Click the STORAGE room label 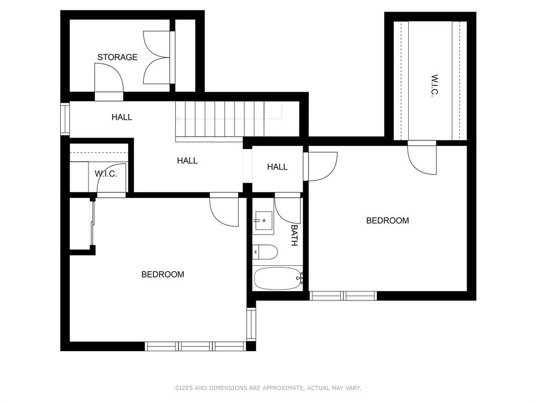pos(117,57)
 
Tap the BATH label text pos(294,236)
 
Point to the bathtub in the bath pos(278,278)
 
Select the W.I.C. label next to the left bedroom pos(106,174)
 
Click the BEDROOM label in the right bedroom pos(387,220)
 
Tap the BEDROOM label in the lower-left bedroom pos(162,274)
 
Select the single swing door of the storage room pos(109,79)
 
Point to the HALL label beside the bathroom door pos(277,167)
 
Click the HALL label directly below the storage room pos(121,117)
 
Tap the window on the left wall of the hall pos(65,119)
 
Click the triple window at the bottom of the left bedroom pos(195,346)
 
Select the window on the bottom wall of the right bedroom pos(343,296)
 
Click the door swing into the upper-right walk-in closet pos(422,158)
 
